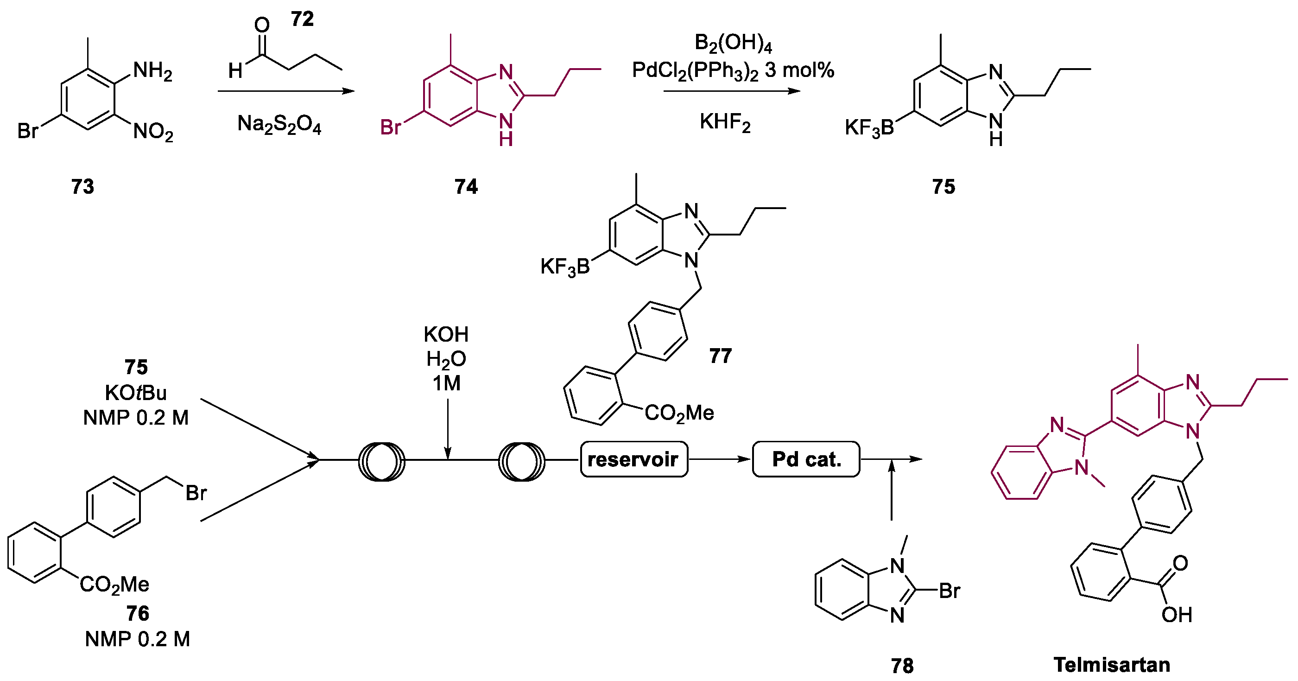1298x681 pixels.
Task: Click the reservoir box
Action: tap(633, 459)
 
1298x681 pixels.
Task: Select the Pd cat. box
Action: tap(806, 459)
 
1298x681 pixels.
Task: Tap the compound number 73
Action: tap(82, 186)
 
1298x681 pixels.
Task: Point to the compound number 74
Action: tap(466, 186)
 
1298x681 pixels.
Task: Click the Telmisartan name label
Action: tap(1112, 664)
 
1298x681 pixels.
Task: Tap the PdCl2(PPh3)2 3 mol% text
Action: tap(733, 70)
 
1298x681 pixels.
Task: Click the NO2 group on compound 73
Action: tap(152, 132)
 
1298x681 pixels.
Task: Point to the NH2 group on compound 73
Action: tap(152, 71)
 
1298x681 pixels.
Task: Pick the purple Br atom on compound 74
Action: tap(391, 127)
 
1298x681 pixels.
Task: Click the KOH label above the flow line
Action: tap(446, 334)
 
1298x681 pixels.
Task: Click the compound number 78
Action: tap(902, 666)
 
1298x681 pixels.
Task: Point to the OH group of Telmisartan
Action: tap(1177, 614)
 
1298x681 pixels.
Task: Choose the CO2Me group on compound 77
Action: tap(679, 414)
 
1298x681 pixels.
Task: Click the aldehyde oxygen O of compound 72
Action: tap(261, 25)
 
